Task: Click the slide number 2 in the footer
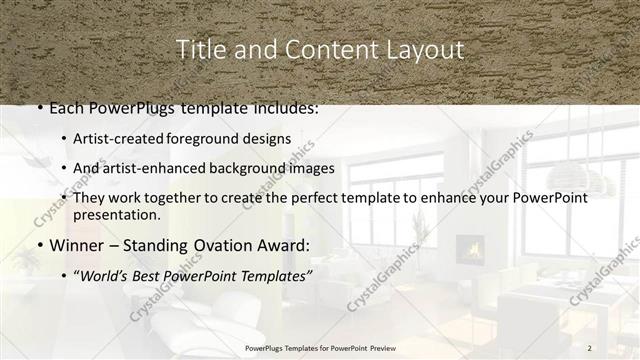click(589, 347)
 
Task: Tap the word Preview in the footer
click(384, 347)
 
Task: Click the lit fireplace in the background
click(470, 248)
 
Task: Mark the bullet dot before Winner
click(38, 246)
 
